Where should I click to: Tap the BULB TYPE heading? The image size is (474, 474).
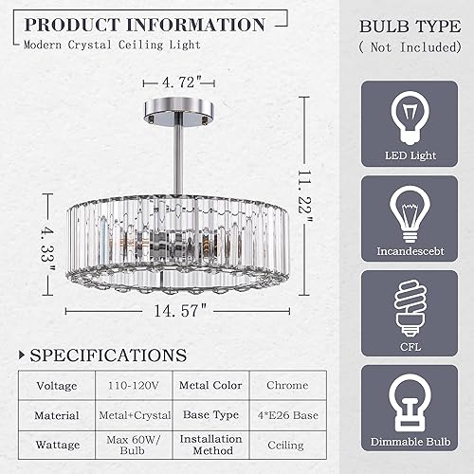click(410, 26)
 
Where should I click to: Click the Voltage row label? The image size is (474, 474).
click(57, 385)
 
